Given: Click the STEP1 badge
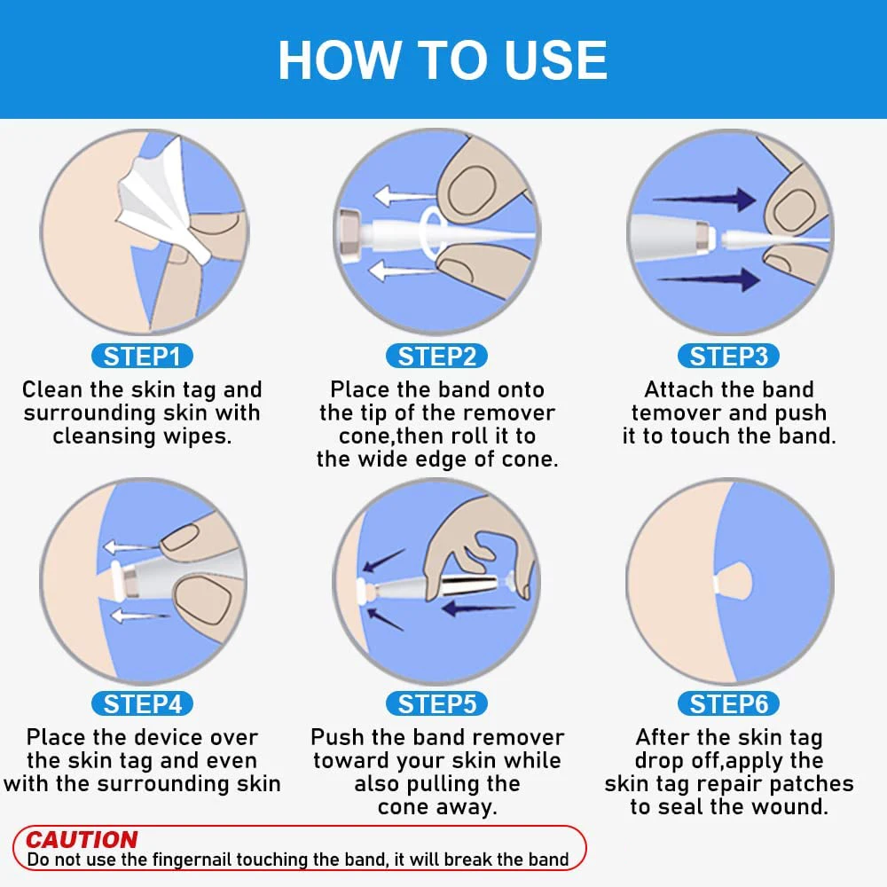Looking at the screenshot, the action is pyautogui.click(x=142, y=357).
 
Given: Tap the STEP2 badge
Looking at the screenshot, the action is pyautogui.click(x=436, y=357).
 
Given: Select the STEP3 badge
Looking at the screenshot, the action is pyautogui.click(x=728, y=357).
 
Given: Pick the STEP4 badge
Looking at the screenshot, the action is pyautogui.click(x=142, y=704).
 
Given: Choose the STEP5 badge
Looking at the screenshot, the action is pyautogui.click(x=436, y=704).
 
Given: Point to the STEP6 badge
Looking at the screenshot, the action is pyautogui.click(x=728, y=704).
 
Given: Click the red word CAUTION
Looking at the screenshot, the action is pyautogui.click(x=82, y=839).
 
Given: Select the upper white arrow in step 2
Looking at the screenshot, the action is pyautogui.click(x=404, y=196).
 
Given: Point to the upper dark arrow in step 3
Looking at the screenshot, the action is pyautogui.click(x=704, y=199).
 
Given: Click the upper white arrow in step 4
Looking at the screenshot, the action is pyautogui.click(x=132, y=547).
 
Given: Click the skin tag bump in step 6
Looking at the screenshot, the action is pyautogui.click(x=734, y=583).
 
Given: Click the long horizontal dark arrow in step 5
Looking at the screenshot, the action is pyautogui.click(x=478, y=609).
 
